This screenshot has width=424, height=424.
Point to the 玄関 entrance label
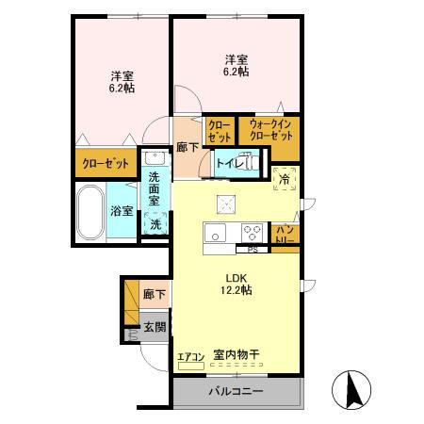(x=155, y=327)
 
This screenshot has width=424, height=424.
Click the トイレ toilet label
(x=227, y=164)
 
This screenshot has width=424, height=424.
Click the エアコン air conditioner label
(x=190, y=356)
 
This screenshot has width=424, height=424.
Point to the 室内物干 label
(x=236, y=354)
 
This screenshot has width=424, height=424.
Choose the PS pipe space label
(x=252, y=250)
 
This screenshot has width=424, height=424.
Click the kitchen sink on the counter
(x=215, y=234)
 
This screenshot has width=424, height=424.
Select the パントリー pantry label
(x=285, y=236)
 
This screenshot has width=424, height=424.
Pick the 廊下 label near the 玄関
(x=155, y=295)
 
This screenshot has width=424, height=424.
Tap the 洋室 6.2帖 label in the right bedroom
(x=236, y=63)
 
